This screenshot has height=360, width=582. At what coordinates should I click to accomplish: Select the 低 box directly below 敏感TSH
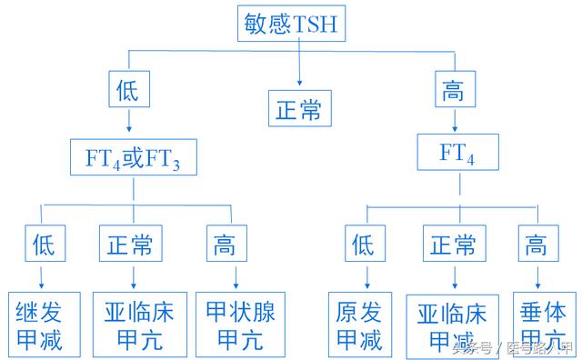129,89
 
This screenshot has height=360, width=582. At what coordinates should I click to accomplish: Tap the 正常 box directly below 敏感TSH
299,109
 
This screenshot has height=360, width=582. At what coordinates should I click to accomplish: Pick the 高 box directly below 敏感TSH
452,89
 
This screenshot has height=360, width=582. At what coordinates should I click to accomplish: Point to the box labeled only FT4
457,152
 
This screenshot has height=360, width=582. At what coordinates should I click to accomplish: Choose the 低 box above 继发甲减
44,244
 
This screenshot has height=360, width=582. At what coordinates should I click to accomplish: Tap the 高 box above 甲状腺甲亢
223,244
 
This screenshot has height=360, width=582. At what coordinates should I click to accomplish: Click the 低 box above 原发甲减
363,244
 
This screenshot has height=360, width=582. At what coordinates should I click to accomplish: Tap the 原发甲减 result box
359,325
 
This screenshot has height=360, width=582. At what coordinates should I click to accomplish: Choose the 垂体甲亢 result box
543,323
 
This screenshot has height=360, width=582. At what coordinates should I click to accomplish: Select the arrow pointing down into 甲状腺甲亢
234,276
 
